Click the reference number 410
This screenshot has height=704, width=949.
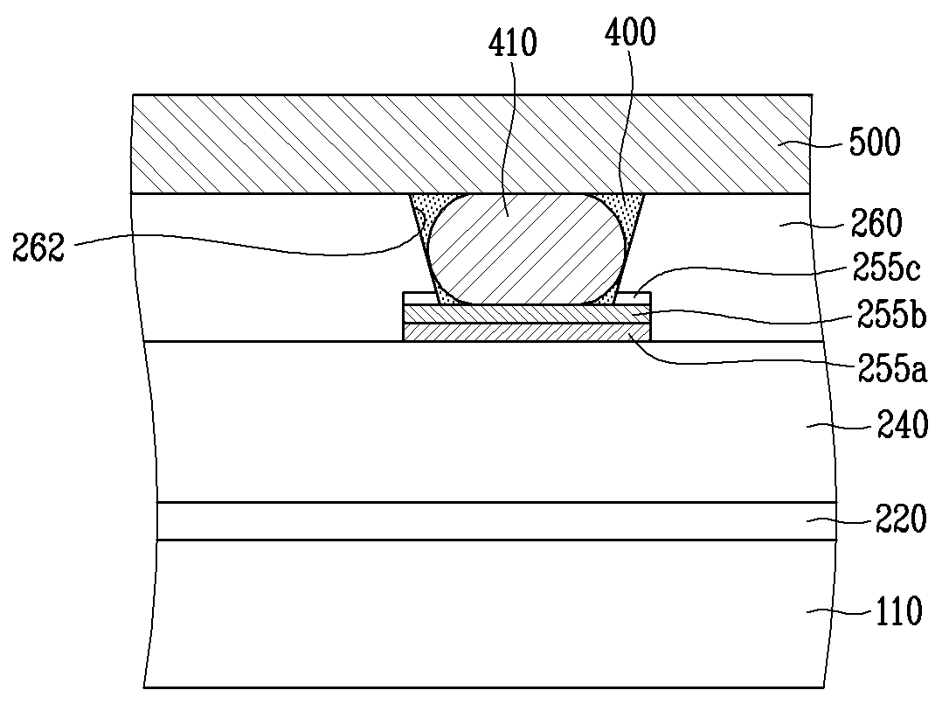513,44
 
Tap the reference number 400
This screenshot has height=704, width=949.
630,32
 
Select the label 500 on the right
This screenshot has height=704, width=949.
875,143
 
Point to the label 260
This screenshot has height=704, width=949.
876,222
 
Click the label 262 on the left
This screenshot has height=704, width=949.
38,247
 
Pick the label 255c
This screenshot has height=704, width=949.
886,267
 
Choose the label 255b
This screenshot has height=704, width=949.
891,315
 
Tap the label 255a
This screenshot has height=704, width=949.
892,368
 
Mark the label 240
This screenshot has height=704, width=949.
903,424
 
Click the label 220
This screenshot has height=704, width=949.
901,519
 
